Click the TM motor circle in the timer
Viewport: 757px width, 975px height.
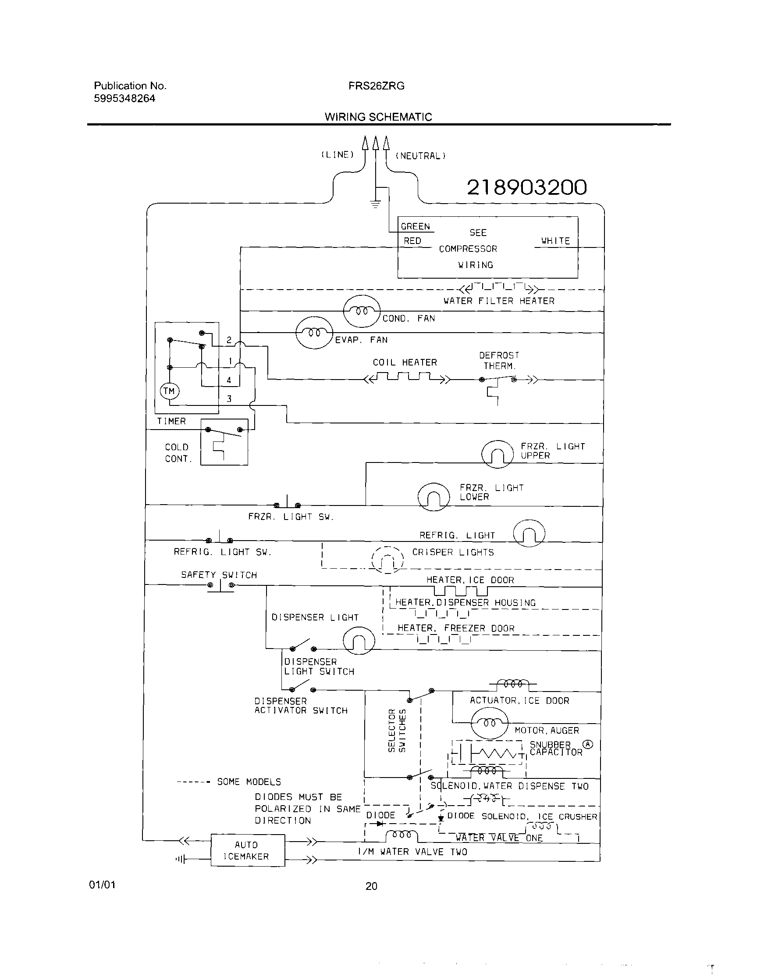169,391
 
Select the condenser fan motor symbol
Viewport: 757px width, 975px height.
362,311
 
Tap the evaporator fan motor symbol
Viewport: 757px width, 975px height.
314,333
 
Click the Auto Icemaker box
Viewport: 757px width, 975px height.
248,850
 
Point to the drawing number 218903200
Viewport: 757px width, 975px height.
527,187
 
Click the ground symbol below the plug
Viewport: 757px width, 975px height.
376,205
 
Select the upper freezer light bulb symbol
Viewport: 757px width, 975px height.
498,455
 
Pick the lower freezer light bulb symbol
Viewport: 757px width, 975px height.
434,497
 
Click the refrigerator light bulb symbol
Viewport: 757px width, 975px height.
529,533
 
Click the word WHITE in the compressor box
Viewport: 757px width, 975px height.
555,240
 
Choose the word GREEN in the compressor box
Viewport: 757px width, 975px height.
415,226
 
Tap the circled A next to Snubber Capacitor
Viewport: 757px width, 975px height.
588,744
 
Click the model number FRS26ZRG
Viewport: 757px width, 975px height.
377,86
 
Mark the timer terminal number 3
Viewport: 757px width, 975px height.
229,399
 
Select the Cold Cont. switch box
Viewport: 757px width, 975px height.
224,442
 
